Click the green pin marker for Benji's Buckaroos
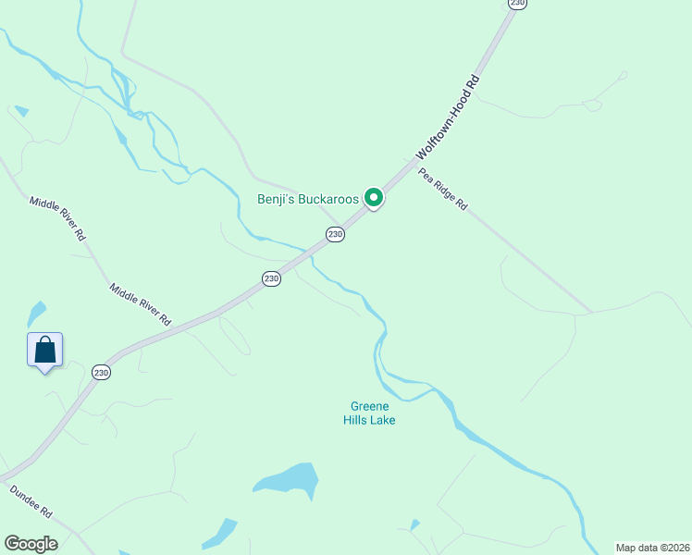click(373, 197)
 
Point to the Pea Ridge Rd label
click(443, 190)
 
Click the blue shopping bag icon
click(44, 350)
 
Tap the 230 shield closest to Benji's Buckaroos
click(335, 235)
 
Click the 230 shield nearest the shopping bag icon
click(101, 372)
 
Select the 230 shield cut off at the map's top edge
click(517, 4)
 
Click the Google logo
click(31, 543)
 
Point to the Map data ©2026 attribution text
click(652, 548)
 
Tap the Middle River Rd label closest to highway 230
click(141, 304)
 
